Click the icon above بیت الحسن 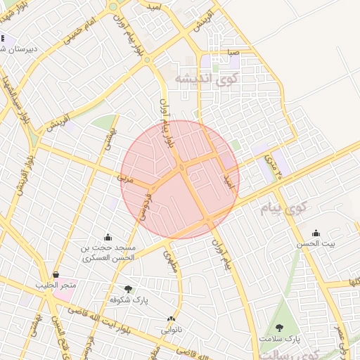pos(316,233)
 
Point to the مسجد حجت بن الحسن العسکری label pos(108,253)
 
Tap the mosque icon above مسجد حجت pos(108,237)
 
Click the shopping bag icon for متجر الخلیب pos(56,274)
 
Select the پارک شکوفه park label pos(127,299)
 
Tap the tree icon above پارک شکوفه pos(127,288)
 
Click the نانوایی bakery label pos(172,328)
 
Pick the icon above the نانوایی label pos(172,319)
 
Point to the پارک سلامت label pos(278,339)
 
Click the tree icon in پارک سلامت pos(280,328)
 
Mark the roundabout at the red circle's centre pos(182,167)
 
